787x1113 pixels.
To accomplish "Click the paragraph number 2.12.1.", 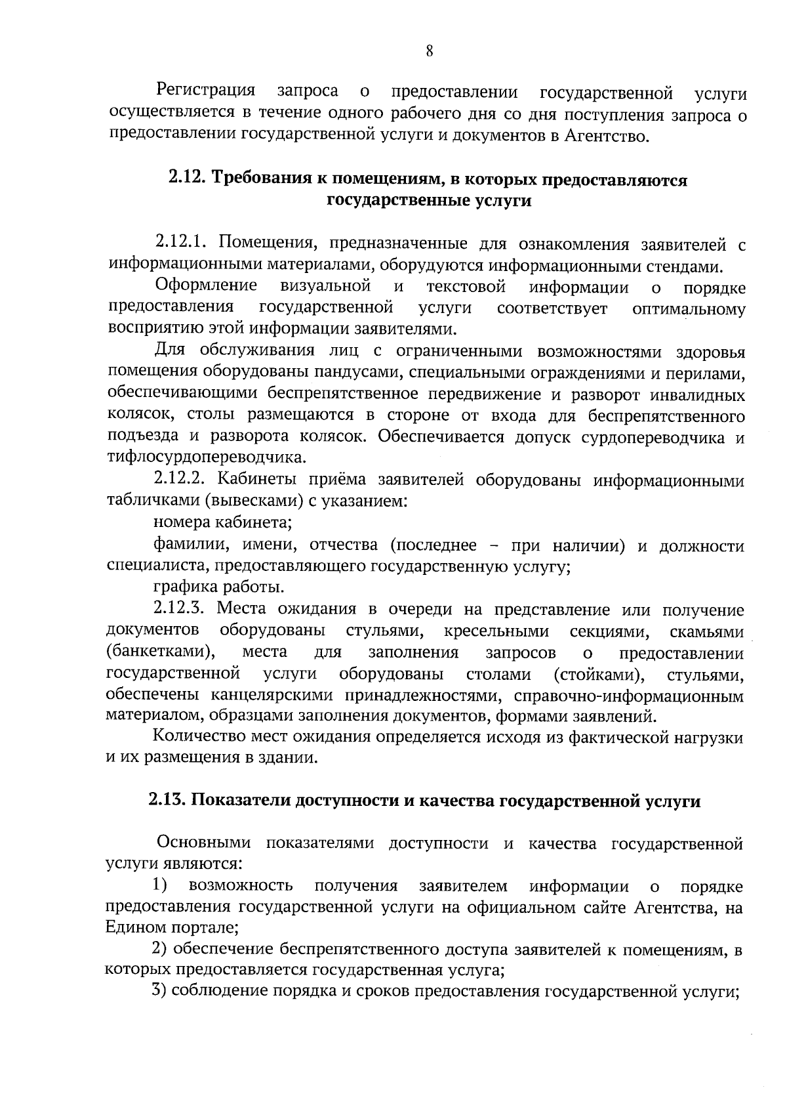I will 182,244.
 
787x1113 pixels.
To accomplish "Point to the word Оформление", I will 206,286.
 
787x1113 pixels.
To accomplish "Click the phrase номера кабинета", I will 222,522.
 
